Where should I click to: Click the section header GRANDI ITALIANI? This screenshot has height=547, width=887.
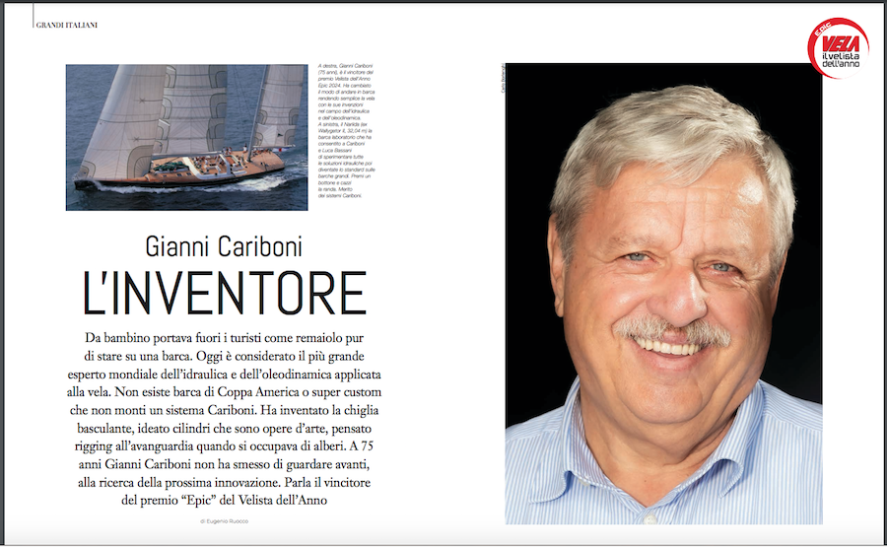[x=66, y=25]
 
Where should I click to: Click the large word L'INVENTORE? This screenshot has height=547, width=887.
[x=224, y=292]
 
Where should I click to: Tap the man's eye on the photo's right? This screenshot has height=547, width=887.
[x=722, y=266]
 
